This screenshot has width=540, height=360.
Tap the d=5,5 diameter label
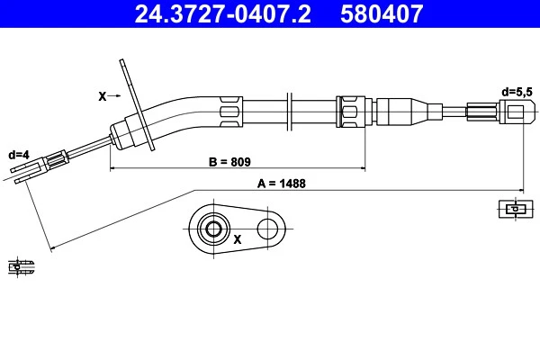coord(516,91)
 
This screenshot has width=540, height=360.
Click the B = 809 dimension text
coord(229,162)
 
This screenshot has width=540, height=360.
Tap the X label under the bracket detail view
coord(238,240)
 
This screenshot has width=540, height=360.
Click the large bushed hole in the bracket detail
coord(213,229)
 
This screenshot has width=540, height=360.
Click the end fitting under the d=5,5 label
coord(510,112)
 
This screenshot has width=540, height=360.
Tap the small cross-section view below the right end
coord(510,210)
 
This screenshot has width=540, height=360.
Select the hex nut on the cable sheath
coord(348,111)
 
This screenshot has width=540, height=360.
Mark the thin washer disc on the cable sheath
coord(291,112)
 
